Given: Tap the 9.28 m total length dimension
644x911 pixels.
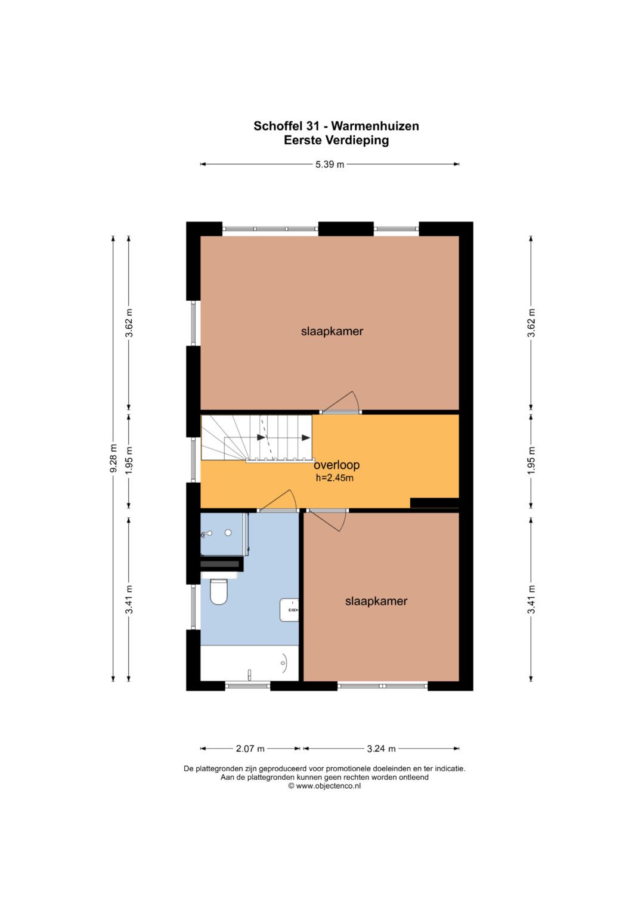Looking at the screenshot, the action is [x=113, y=458].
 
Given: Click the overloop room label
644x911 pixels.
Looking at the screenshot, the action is [x=337, y=464].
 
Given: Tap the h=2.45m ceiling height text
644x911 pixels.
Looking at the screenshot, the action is [x=335, y=478].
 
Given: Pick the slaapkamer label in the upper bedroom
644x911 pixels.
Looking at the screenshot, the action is [x=332, y=331].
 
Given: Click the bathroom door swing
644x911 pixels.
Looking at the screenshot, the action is [x=278, y=500].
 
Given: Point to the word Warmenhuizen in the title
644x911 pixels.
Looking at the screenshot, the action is [x=375, y=126].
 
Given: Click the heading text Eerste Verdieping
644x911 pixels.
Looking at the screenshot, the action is [x=336, y=140].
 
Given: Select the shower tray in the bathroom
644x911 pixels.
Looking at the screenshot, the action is [x=224, y=534].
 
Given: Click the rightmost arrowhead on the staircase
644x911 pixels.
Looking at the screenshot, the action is [x=306, y=438].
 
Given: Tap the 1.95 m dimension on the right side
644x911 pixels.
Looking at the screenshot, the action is [x=531, y=460].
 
